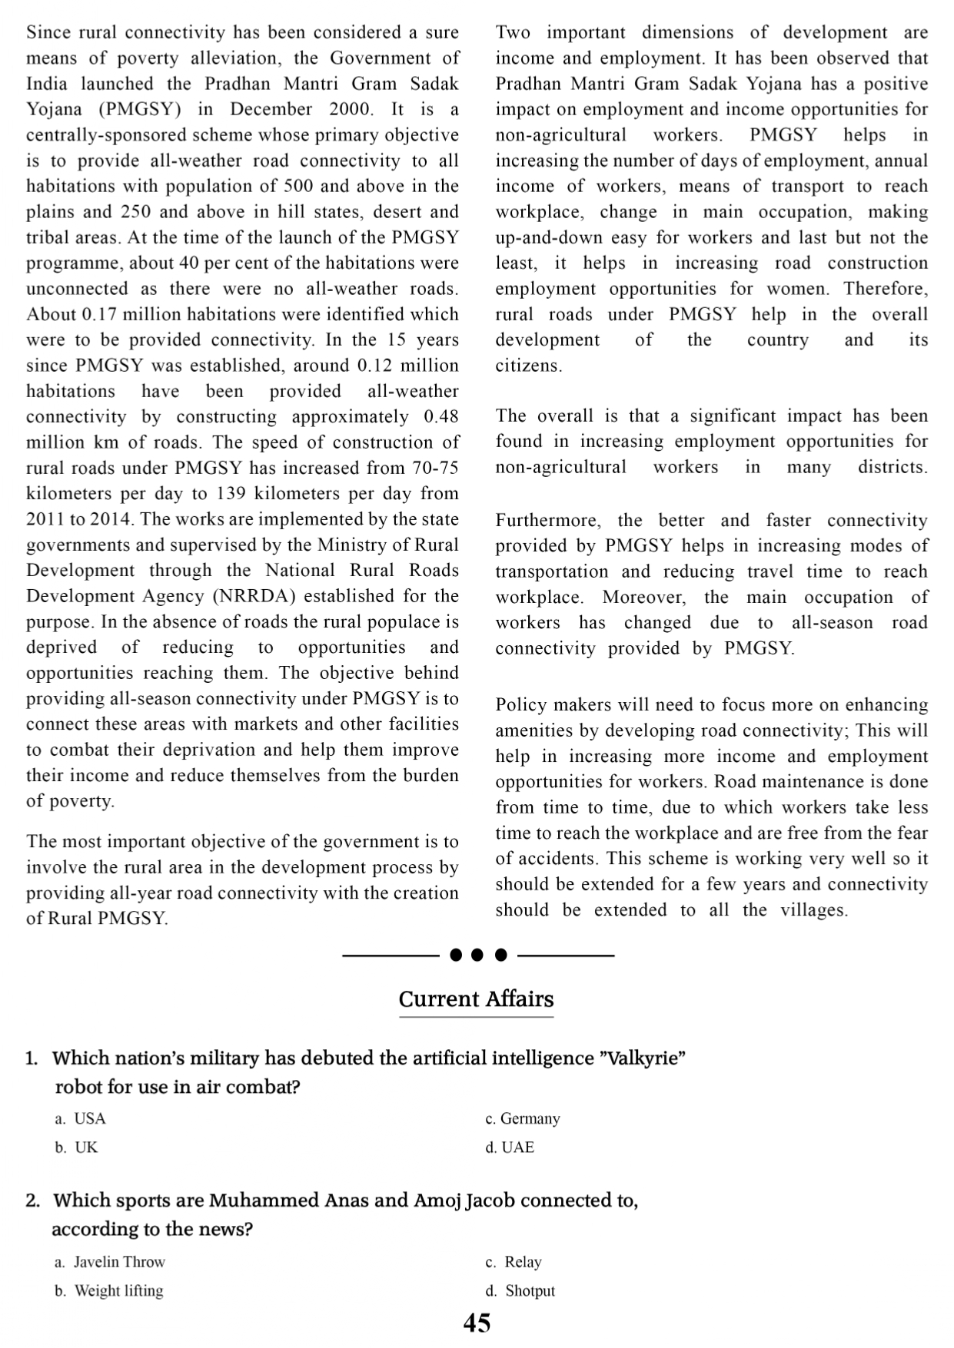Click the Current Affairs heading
coord(476,999)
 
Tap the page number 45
coord(477,1323)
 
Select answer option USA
coord(89,1118)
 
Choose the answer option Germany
coord(530,1118)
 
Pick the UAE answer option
coord(517,1148)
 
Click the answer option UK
coord(86,1148)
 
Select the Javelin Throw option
coord(119,1262)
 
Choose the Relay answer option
coord(523,1262)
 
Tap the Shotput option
coord(530,1291)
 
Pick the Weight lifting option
coord(118,1291)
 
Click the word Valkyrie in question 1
coord(640,1058)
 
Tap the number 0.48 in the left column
coord(440,417)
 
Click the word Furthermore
coord(546,521)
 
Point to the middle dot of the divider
coord(477,956)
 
